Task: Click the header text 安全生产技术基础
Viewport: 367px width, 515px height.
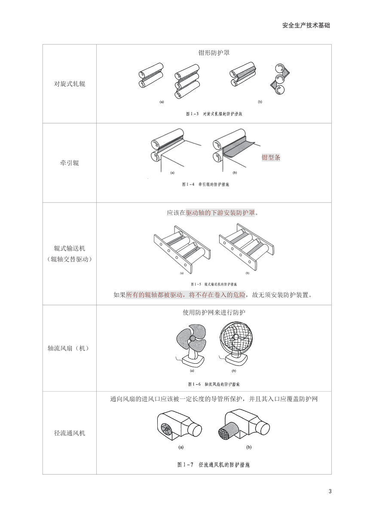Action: coord(306,25)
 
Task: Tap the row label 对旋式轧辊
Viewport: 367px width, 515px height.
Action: coord(70,84)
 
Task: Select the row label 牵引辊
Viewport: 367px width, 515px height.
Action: coord(70,163)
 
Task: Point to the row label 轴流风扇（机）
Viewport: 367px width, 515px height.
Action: coord(70,349)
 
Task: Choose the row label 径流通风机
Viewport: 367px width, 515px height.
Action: coord(70,433)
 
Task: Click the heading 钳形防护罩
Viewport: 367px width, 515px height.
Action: coord(214,53)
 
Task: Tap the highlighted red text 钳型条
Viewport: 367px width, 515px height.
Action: coord(271,157)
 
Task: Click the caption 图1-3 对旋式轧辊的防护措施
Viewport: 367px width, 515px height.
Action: coord(217,114)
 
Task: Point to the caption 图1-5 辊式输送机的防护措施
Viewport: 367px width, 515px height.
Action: coord(214,284)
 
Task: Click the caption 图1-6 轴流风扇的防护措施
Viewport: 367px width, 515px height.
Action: coord(214,383)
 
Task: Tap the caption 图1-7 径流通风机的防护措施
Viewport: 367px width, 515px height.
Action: coord(214,465)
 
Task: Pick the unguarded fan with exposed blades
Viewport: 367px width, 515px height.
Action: coord(192,344)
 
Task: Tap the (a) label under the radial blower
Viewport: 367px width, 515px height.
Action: coord(181,447)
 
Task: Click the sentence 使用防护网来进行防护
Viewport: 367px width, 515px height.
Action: coord(214,313)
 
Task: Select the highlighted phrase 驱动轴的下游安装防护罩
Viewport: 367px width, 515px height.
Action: coord(220,213)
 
